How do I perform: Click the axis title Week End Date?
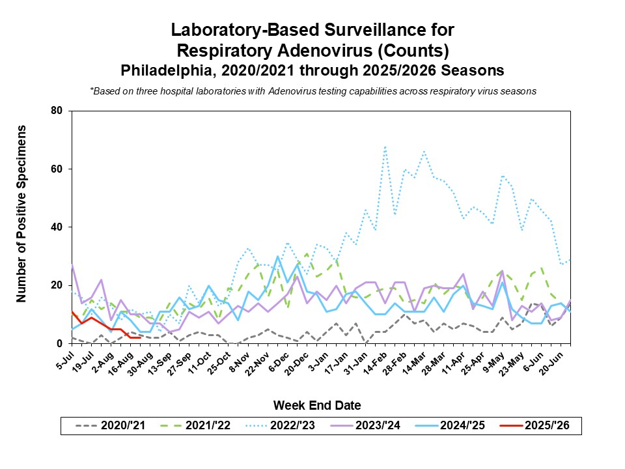coord(317,405)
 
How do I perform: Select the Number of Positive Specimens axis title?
coord(21,214)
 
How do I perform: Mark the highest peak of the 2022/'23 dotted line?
coord(385,147)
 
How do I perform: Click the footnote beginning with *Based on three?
coord(313,91)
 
